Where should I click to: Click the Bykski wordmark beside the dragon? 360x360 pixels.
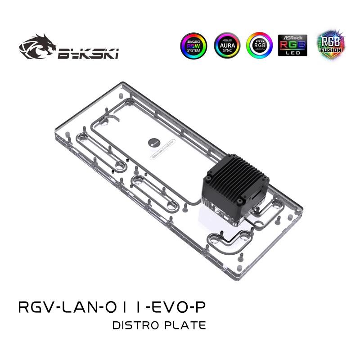pyautogui.click(x=88, y=54)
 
